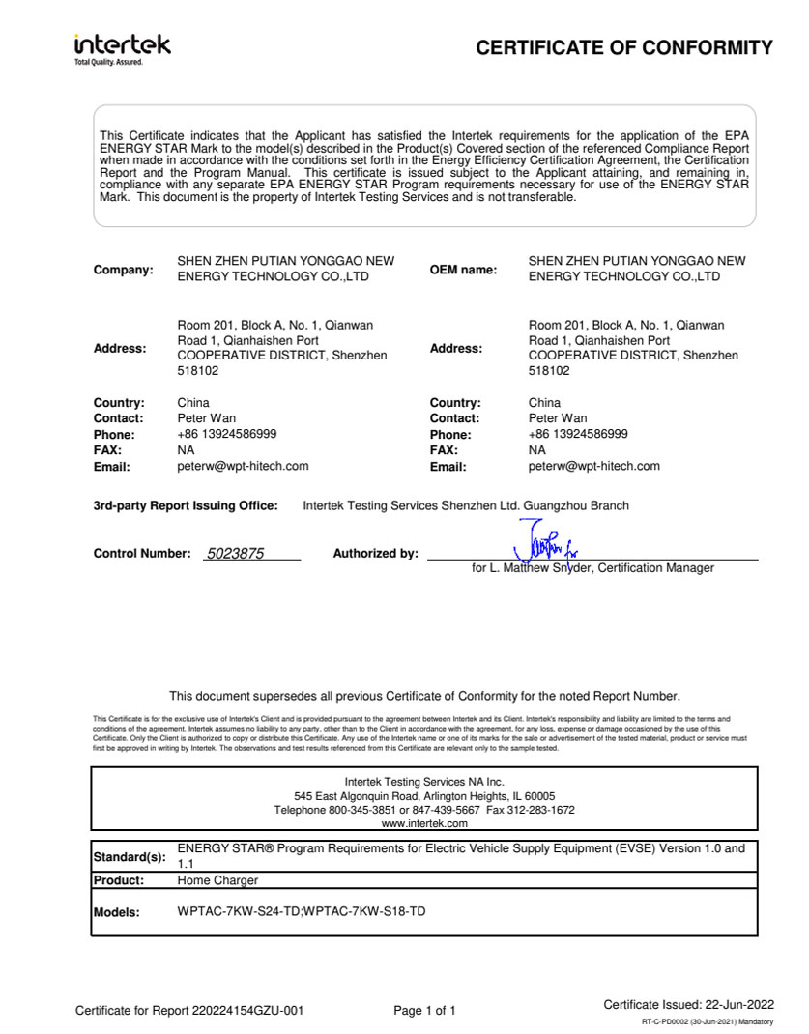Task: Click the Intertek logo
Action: point(122,47)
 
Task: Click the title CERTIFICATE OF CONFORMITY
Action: point(624,48)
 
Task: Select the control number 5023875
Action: point(235,554)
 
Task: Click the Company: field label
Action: point(123,270)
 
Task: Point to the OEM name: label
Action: point(464,270)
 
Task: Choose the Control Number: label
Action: point(142,554)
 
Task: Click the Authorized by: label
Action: point(376,554)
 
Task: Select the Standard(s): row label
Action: point(130,857)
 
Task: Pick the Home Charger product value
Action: point(218,880)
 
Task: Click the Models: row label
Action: point(117,912)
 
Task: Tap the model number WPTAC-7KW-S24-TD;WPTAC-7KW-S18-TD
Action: point(302,912)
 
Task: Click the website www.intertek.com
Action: point(424,823)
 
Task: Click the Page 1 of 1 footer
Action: point(424,1011)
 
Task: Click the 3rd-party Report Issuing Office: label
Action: point(186,505)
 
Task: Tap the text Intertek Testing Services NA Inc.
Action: point(424,781)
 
